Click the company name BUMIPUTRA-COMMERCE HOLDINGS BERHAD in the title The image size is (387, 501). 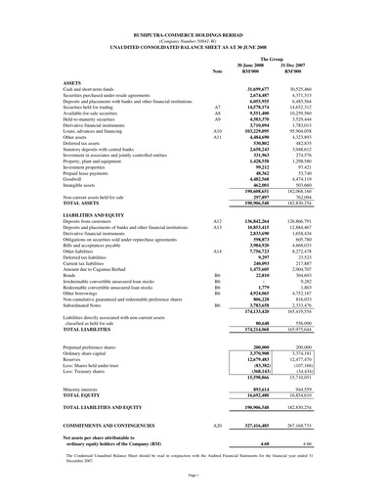(x=193, y=11)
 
